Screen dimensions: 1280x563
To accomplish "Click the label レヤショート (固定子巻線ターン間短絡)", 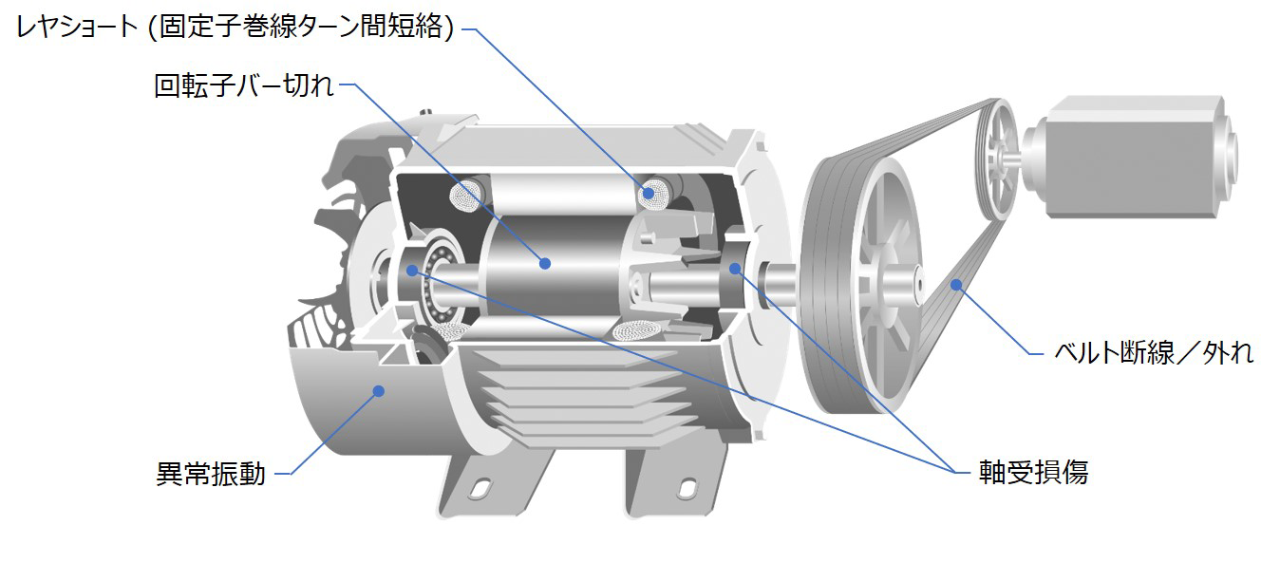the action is (235, 27).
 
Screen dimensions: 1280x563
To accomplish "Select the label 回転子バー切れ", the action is (244, 85).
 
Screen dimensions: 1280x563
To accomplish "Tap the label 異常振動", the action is (211, 474).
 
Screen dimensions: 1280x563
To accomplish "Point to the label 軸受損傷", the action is (1033, 472).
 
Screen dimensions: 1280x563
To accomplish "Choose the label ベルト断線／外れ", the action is (1154, 352).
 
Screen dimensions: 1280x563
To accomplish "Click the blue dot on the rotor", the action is (545, 264).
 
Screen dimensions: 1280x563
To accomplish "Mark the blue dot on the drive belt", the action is (956, 284).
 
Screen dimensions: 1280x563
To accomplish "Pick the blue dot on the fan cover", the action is (378, 391).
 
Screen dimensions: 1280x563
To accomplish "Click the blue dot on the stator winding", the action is (648, 193).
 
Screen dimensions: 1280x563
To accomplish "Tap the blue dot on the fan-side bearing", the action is (412, 271).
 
